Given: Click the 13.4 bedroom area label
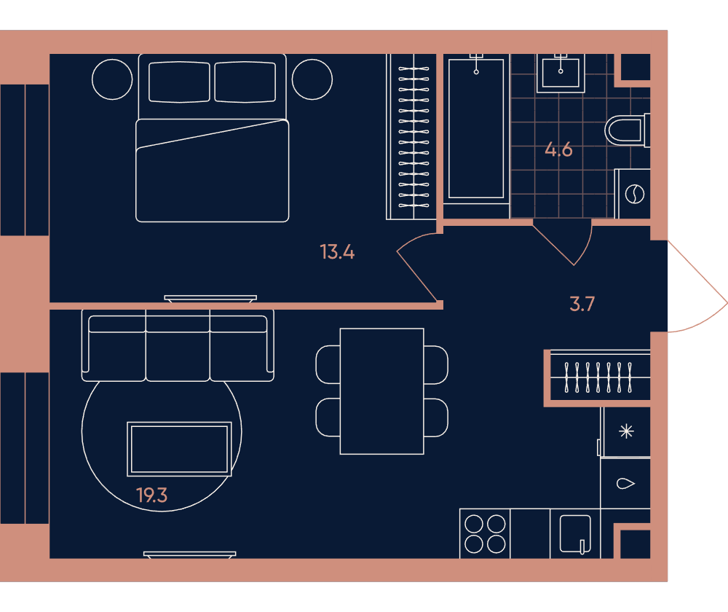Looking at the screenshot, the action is click(337, 252).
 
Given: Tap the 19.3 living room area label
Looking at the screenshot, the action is click(152, 495).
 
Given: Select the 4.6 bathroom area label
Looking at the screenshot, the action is click(558, 149).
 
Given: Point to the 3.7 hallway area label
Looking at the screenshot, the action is click(582, 304).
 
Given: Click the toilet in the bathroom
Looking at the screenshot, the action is click(627, 130).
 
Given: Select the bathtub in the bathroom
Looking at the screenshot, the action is click(476, 127).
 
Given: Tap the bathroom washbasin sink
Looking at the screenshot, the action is click(561, 73).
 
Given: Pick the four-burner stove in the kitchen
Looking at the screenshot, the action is click(485, 533).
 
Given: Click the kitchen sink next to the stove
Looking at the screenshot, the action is click(575, 533).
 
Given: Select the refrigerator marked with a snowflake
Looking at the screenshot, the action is click(625, 432).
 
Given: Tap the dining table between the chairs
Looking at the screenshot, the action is click(381, 391).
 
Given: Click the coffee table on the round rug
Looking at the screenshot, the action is click(179, 449).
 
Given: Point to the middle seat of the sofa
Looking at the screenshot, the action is click(178, 345).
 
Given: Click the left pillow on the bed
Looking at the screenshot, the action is click(179, 82).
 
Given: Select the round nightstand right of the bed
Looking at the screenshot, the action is click(312, 79).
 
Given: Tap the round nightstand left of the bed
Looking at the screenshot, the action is click(112, 79).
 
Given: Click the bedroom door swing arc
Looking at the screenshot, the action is click(408, 240).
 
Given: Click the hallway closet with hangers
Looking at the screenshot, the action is click(599, 377).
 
